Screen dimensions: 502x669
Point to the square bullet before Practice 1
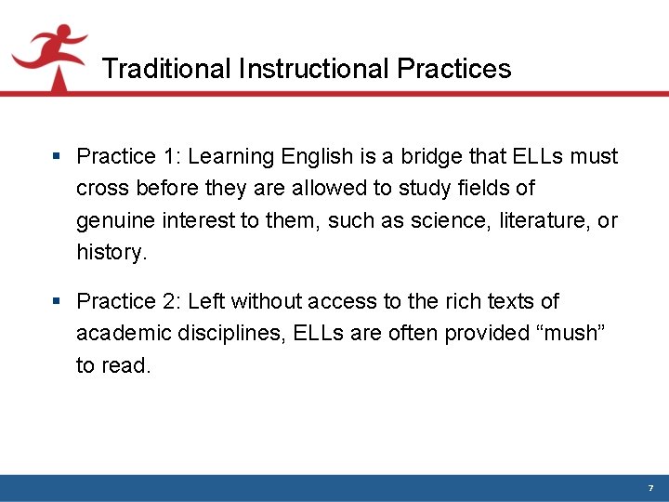pyautogui.click(x=58, y=156)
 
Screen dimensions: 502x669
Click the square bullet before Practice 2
pyautogui.click(x=58, y=301)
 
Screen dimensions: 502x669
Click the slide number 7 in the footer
pyautogui.click(x=650, y=488)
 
